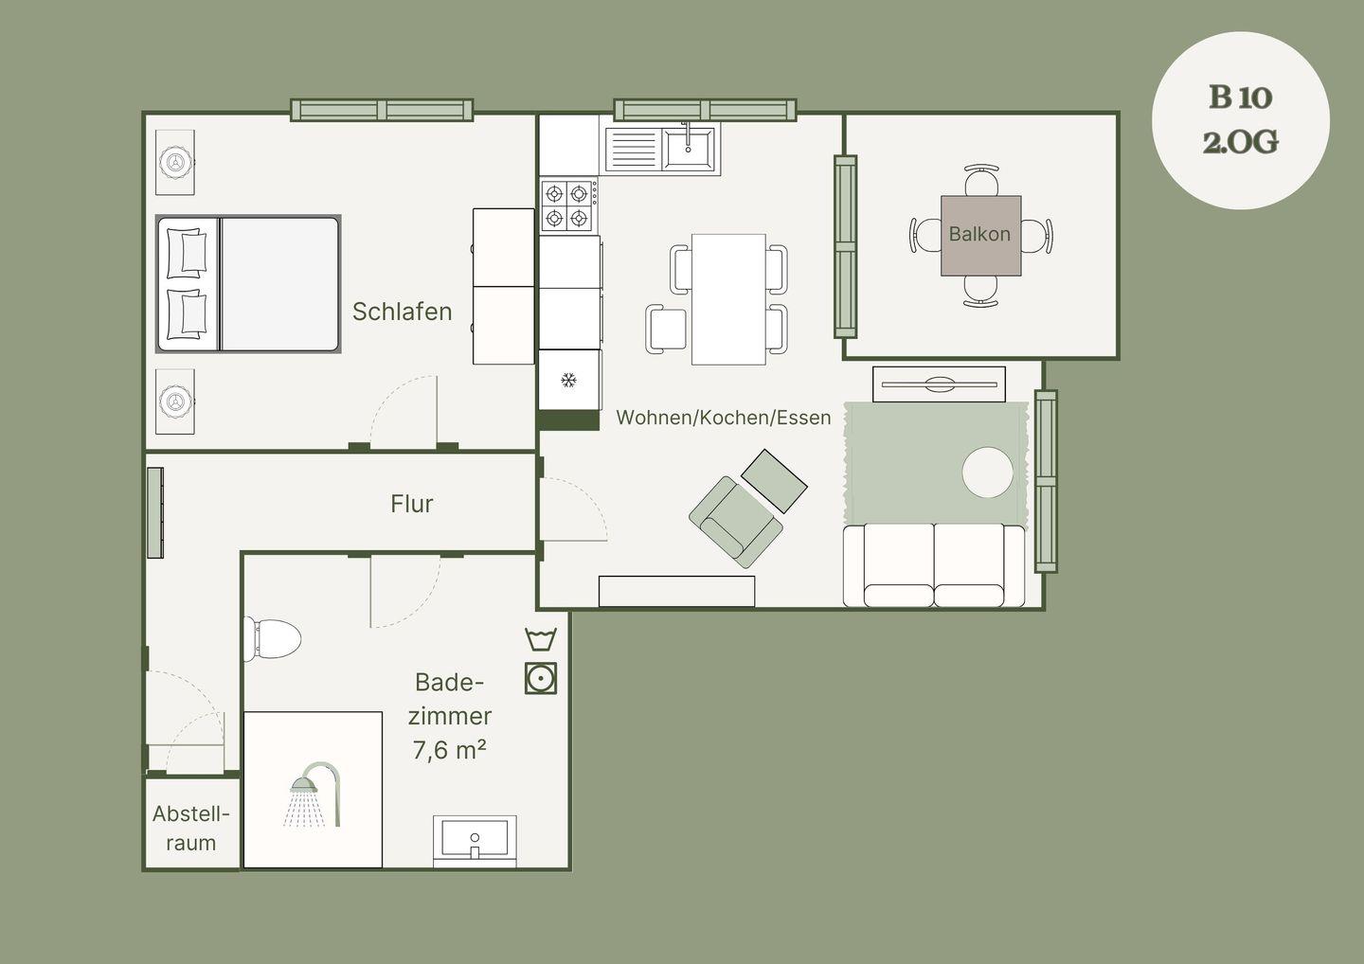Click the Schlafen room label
(402, 312)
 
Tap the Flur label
(412, 504)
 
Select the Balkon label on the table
(979, 234)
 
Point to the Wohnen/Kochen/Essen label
(724, 418)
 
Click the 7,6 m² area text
(449, 750)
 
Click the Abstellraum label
(191, 829)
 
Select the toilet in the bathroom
(272, 639)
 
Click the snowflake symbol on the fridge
(568, 381)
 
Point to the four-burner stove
(568, 205)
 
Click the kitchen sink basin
(688, 148)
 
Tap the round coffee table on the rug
(988, 473)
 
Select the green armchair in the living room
(736, 521)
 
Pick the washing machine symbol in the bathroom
(541, 679)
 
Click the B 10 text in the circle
(1241, 98)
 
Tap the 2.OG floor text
(1241, 142)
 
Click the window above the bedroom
(382, 110)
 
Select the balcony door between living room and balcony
(845, 246)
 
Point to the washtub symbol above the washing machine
(541, 639)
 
